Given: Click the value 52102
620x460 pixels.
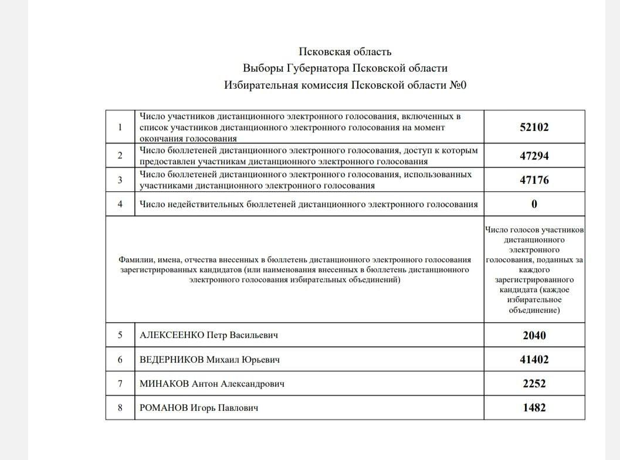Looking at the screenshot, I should pyautogui.click(x=534, y=127).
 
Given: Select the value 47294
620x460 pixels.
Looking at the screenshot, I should pyautogui.click(x=534, y=156).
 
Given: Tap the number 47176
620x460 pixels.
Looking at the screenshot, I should pyautogui.click(x=534, y=180).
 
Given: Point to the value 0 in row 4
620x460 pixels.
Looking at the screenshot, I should pyautogui.click(x=534, y=204).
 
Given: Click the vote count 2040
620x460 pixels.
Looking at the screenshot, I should pyautogui.click(x=534, y=336).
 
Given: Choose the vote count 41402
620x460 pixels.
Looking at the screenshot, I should pyautogui.click(x=534, y=360).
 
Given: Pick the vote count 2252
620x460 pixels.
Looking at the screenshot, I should pyautogui.click(x=534, y=384).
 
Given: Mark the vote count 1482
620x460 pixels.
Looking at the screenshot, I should pyautogui.click(x=534, y=408).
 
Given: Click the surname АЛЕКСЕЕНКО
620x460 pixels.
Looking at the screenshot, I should pyautogui.click(x=171, y=336).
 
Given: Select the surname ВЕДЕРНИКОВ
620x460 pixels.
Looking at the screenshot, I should pyautogui.click(x=171, y=360).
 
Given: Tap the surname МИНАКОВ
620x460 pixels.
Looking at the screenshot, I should pyautogui.click(x=164, y=384).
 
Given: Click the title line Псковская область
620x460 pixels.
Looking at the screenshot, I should pyautogui.click(x=345, y=52).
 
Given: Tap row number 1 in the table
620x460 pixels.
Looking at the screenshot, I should pyautogui.click(x=120, y=127).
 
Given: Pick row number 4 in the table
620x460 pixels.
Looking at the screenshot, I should pyautogui.click(x=120, y=204).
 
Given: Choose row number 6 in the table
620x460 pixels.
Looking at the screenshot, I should pyautogui.click(x=120, y=360).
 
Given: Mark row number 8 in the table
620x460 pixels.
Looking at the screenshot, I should pyautogui.click(x=120, y=408).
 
